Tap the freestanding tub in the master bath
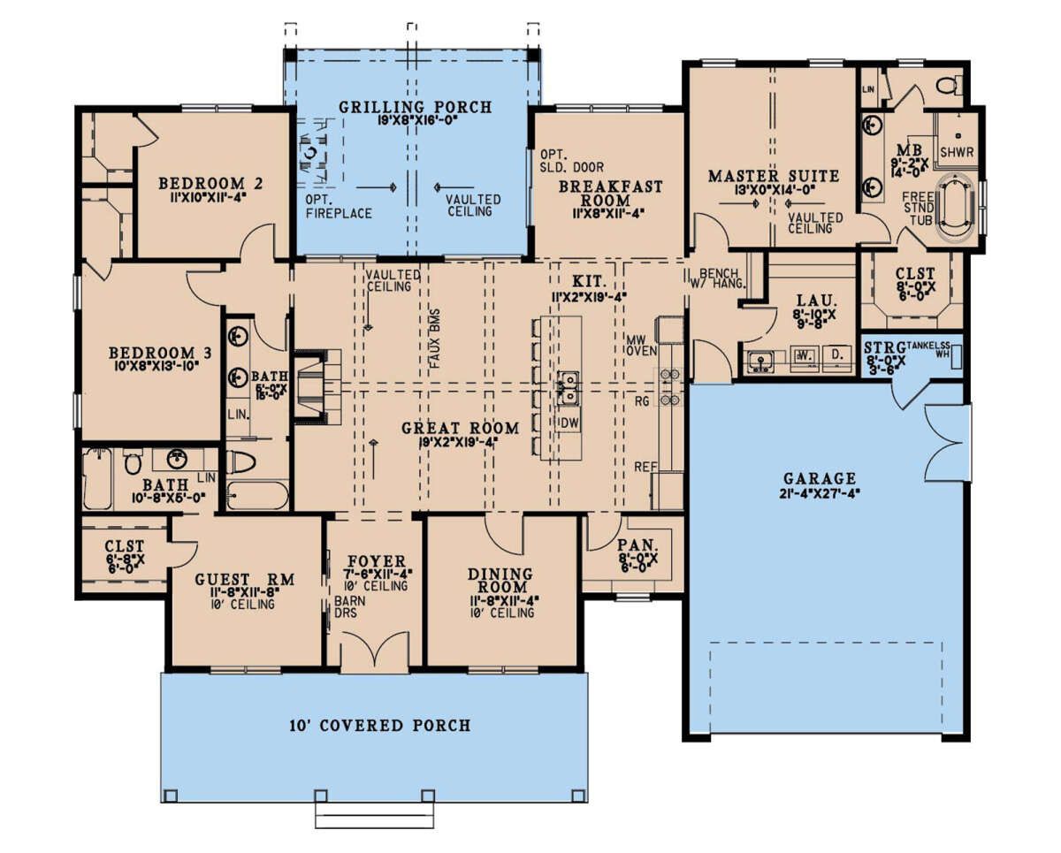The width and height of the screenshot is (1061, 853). [x=951, y=209]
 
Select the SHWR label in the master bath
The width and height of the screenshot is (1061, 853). [x=957, y=152]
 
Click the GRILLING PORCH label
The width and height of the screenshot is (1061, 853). [x=415, y=108]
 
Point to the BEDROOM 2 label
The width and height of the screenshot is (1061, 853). [x=210, y=184]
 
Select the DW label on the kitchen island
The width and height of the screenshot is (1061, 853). [x=569, y=424]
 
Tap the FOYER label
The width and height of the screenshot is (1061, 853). [x=376, y=560]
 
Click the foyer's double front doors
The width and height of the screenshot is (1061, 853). [x=376, y=652]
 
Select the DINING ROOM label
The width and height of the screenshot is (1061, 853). [x=500, y=581]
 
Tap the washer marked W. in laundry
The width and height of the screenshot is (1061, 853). [x=805, y=358]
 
